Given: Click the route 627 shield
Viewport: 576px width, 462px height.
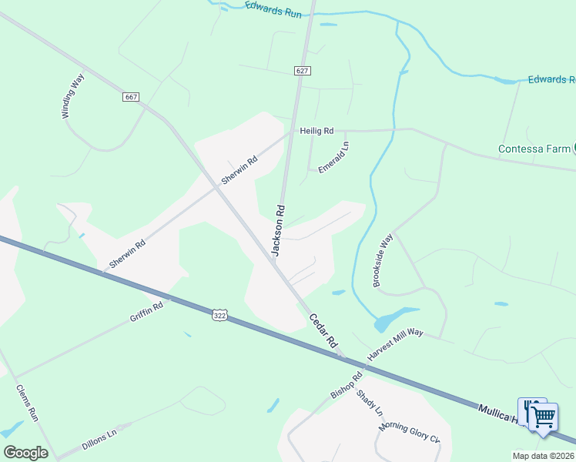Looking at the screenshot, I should (302, 70).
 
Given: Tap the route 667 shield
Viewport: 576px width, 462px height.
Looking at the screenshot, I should (131, 97).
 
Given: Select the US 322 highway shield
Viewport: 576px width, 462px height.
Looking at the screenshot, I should (220, 315).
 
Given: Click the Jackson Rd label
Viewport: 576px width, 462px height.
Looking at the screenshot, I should (278, 229).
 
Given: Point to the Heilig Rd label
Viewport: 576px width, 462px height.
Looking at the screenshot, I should (316, 131).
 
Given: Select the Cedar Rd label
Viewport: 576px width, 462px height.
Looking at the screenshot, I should (323, 330).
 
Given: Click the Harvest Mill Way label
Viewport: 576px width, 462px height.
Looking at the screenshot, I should (396, 343).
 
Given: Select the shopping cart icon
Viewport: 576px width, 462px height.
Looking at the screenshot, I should (544, 417).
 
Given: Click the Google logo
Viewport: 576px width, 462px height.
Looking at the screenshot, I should (25, 453).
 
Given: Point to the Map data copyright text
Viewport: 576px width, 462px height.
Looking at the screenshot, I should (543, 456).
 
